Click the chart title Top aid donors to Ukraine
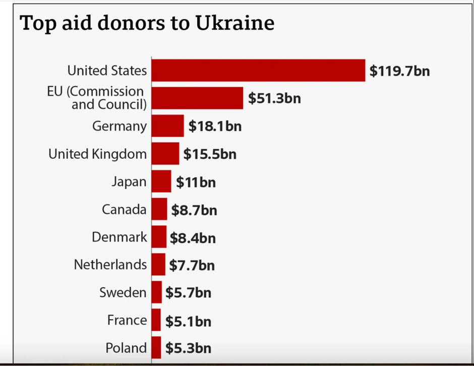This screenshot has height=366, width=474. pyautogui.click(x=147, y=23)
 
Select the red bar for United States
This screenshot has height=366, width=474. pyautogui.click(x=258, y=70)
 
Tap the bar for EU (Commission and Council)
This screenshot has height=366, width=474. pyautogui.click(x=197, y=98)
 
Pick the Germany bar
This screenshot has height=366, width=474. pyautogui.click(x=167, y=126)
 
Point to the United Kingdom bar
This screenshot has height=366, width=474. pyautogui.click(x=165, y=153)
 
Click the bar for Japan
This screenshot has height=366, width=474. pyautogui.click(x=161, y=181)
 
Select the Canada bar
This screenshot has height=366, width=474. pyautogui.click(x=159, y=209)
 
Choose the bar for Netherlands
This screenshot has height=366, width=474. pyautogui.click(x=158, y=265)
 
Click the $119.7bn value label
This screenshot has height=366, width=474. pyautogui.click(x=399, y=71)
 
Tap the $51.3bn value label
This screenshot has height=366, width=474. pyautogui.click(x=274, y=98)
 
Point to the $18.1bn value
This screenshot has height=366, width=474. pyautogui.click(x=215, y=126)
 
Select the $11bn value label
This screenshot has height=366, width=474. pyautogui.click(x=196, y=182)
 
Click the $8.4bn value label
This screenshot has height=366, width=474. pyautogui.click(x=193, y=237)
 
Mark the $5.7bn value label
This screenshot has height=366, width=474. pyautogui.click(x=188, y=293)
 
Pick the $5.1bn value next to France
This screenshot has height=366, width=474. pyautogui.click(x=188, y=321)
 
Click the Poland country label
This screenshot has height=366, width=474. pyautogui.click(x=126, y=348)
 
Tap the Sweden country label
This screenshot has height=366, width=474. pyautogui.click(x=123, y=292)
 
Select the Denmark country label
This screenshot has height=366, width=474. pyautogui.click(x=119, y=237)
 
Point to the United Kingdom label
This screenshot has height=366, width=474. pyautogui.click(x=97, y=154)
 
